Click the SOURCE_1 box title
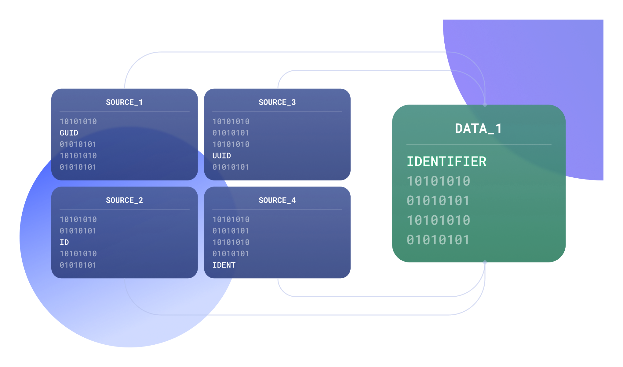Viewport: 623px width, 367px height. click(x=124, y=102)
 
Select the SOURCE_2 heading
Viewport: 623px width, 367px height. click(x=124, y=200)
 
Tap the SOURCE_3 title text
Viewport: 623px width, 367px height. click(x=277, y=102)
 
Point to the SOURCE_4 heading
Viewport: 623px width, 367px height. click(x=277, y=200)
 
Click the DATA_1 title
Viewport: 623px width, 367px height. click(x=478, y=128)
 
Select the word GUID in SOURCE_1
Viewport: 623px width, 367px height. click(x=69, y=133)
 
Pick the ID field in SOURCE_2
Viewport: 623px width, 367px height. click(x=64, y=242)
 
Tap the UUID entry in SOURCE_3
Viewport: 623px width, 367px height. click(x=222, y=156)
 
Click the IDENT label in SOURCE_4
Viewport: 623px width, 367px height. click(x=224, y=265)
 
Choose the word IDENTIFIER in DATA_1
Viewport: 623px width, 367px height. click(x=446, y=161)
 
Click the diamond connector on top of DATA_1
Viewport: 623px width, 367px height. click(x=485, y=105)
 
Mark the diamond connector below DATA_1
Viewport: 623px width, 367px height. click(x=485, y=262)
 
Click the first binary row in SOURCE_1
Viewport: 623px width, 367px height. click(x=78, y=121)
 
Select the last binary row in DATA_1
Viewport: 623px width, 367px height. click(x=438, y=240)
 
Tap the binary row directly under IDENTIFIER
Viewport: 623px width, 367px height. click(x=439, y=181)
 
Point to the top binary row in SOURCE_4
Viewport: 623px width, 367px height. click(x=231, y=219)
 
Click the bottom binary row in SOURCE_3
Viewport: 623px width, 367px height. click(x=231, y=167)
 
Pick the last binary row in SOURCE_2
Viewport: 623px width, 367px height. click(x=78, y=265)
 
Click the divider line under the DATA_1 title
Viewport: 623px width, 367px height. click(x=479, y=144)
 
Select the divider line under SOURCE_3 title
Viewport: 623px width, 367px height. click(x=277, y=112)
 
